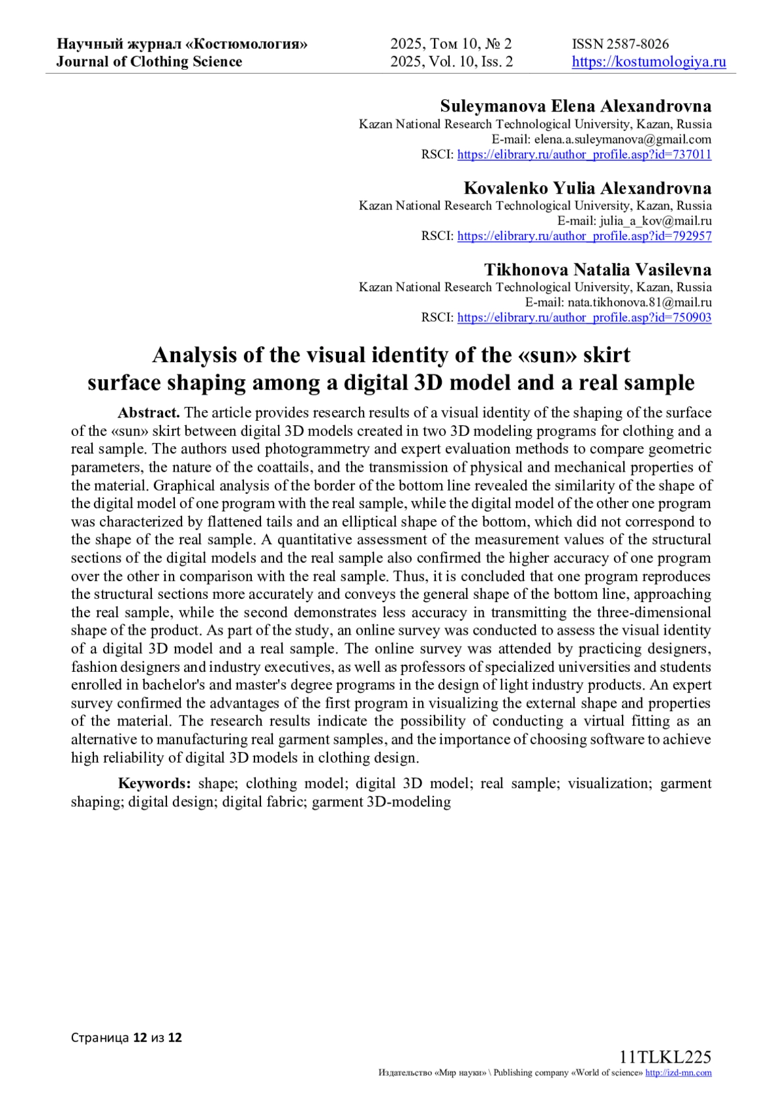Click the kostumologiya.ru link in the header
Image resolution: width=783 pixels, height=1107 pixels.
point(649,62)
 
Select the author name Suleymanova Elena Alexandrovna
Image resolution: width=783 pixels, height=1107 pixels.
point(576,106)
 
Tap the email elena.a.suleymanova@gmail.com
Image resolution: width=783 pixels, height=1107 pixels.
point(622,140)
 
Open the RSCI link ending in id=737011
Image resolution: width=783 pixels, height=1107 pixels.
point(584,155)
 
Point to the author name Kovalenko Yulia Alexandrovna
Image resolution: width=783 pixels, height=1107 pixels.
point(587,188)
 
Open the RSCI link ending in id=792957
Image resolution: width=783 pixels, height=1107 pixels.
point(584,236)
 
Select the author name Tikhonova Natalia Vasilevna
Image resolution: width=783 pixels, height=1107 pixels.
point(598,269)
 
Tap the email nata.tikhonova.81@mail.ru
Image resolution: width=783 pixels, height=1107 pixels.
point(639,303)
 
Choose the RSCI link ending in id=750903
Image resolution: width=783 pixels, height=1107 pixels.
point(584,318)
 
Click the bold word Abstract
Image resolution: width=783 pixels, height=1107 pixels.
point(149,413)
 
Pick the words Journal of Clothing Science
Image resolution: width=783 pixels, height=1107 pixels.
point(149,62)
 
